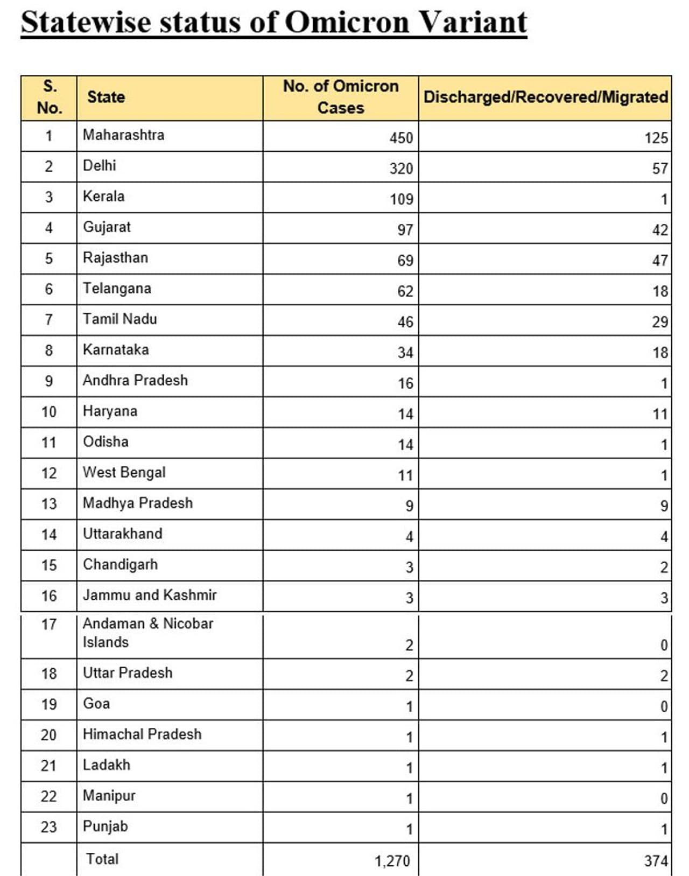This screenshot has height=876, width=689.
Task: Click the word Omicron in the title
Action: pyautogui.click(x=347, y=23)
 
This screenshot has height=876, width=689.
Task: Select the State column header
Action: pyautogui.click(x=106, y=97)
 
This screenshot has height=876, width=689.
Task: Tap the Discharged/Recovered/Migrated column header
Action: pyautogui.click(x=545, y=97)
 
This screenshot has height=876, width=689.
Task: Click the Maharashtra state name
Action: pyautogui.click(x=123, y=135)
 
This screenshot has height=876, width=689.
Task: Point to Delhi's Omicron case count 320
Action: pyautogui.click(x=401, y=169)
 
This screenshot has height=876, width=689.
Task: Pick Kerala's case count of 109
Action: pyautogui.click(x=401, y=199)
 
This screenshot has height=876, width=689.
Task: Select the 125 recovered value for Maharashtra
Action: pyautogui.click(x=656, y=138)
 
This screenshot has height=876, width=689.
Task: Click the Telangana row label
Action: pyautogui.click(x=117, y=289)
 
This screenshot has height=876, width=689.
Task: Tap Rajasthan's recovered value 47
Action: pyautogui.click(x=660, y=261)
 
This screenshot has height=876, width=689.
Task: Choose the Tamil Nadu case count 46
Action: pyautogui.click(x=405, y=322)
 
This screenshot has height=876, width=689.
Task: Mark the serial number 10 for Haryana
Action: pyautogui.click(x=48, y=412)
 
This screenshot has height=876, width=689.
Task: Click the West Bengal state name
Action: pyautogui.click(x=124, y=472)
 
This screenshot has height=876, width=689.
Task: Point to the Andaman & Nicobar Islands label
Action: pyautogui.click(x=147, y=633)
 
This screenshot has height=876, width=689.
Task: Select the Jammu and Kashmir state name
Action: pyautogui.click(x=149, y=595)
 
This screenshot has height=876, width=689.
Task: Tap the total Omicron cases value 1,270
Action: pyautogui.click(x=392, y=861)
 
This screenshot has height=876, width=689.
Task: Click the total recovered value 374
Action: pyautogui.click(x=656, y=861)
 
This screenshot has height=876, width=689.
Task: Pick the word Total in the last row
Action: pyautogui.click(x=102, y=859)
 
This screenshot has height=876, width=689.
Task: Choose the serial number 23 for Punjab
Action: pyautogui.click(x=48, y=826)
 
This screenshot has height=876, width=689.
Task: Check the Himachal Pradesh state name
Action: pyautogui.click(x=142, y=734)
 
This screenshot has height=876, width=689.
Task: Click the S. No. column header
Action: pyautogui.click(x=49, y=97)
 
